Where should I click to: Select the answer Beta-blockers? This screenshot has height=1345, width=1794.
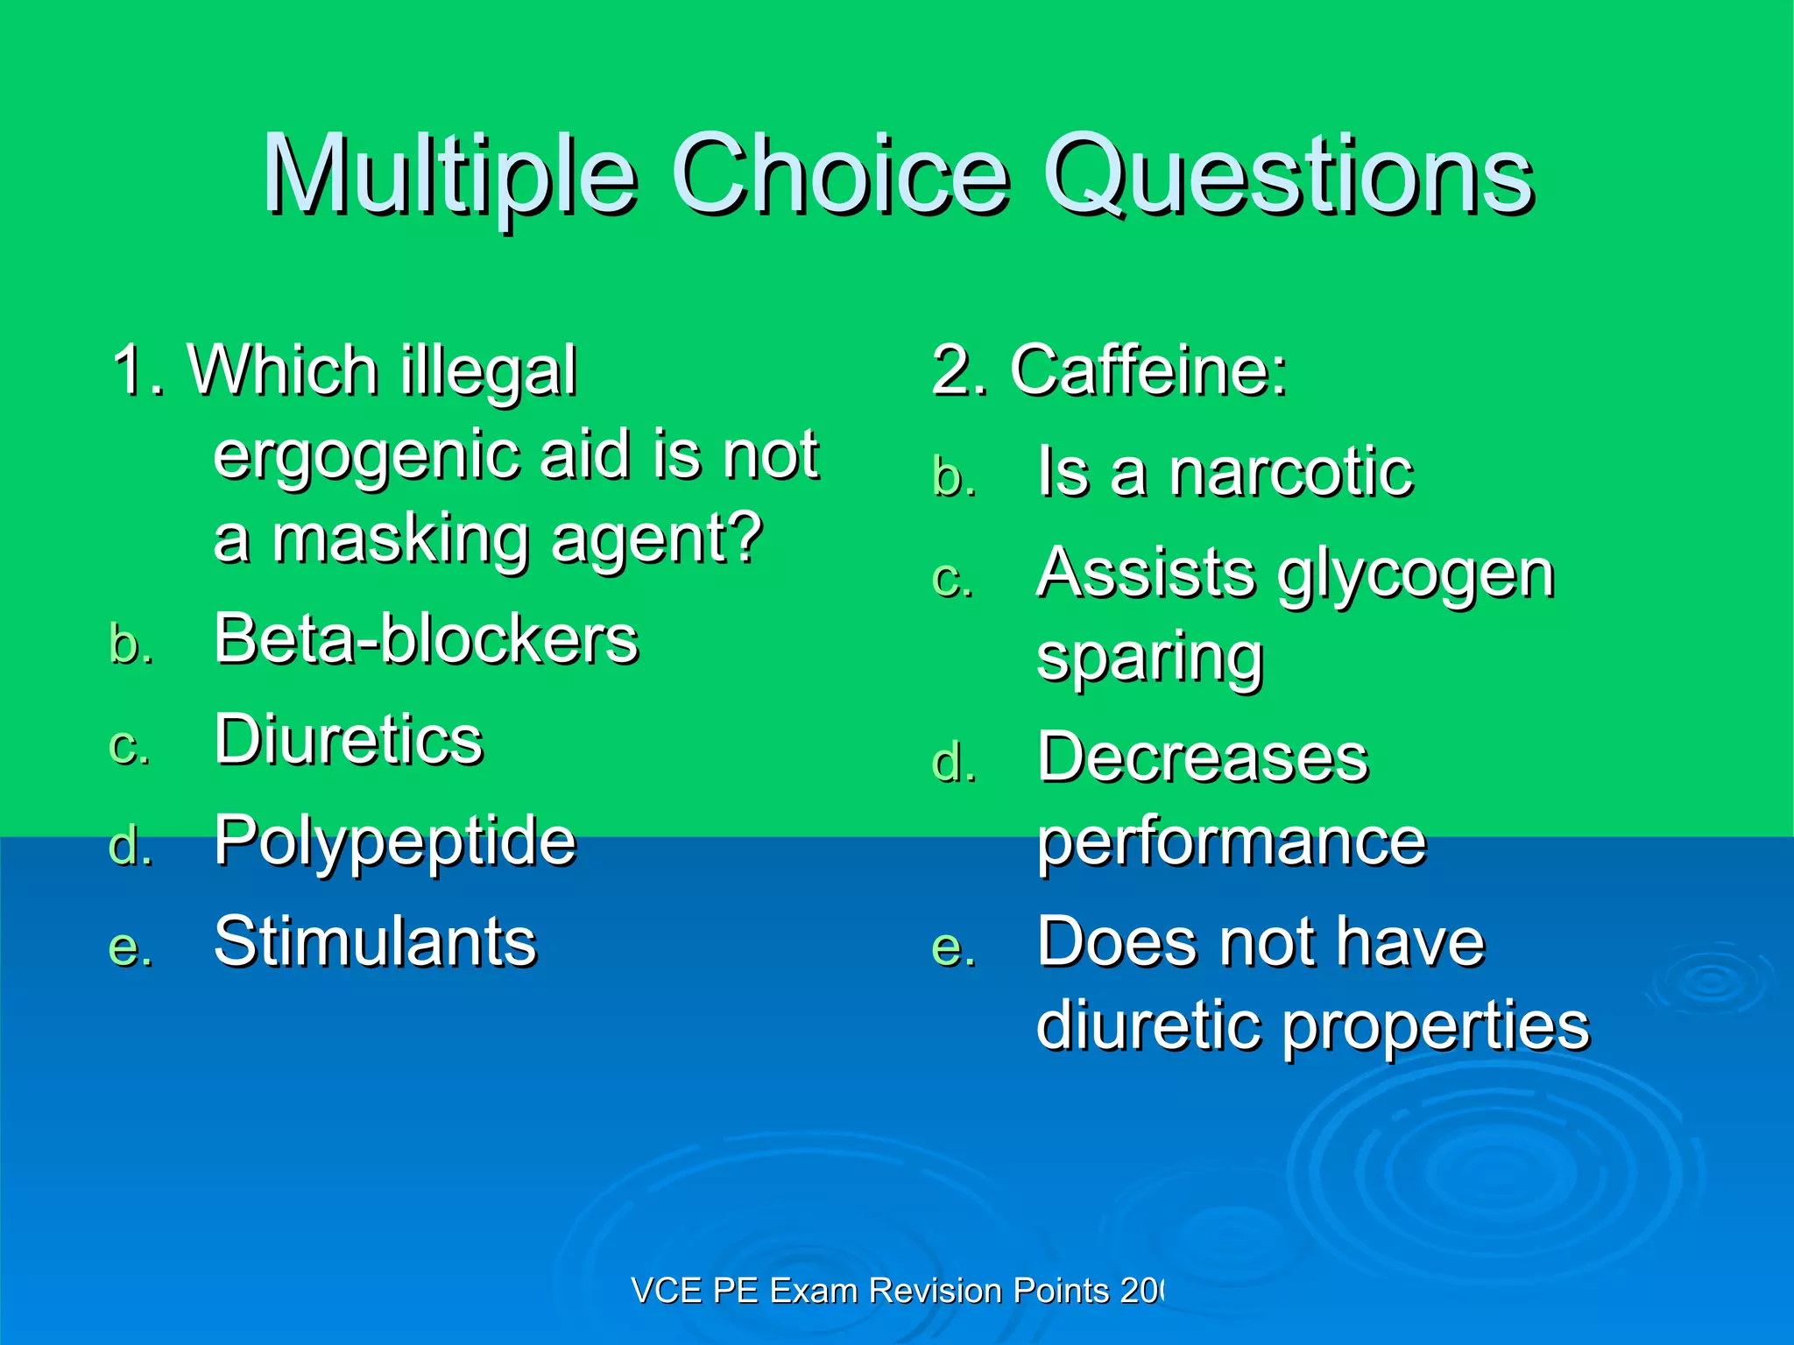click(x=426, y=639)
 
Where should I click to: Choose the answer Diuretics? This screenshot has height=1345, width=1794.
click(x=348, y=740)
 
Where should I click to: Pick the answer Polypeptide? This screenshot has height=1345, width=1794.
click(x=395, y=841)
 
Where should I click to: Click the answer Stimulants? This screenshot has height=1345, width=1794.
click(x=375, y=942)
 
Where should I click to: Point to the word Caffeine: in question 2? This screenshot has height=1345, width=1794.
click(x=1148, y=371)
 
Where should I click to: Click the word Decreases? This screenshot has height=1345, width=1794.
click(x=1202, y=757)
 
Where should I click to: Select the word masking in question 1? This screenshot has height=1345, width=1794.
click(x=401, y=539)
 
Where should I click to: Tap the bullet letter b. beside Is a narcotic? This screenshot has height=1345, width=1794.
click(x=954, y=478)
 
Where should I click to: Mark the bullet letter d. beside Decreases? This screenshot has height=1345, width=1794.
click(x=954, y=763)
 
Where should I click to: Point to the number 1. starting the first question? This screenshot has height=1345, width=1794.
click(x=138, y=371)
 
